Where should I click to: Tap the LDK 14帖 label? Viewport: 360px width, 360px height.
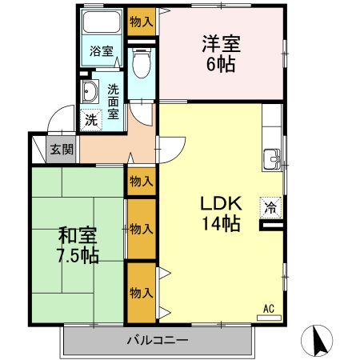pyautogui.click(x=219, y=214)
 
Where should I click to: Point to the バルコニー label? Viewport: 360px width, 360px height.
pyautogui.click(x=157, y=340)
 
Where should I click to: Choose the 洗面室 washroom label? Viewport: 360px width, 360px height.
pyautogui.click(x=114, y=102)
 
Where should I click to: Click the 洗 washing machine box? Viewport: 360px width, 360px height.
pyautogui.click(x=90, y=120)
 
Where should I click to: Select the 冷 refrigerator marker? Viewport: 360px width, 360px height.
pyautogui.click(x=271, y=207)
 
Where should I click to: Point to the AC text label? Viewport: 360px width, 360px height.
pyautogui.click(x=268, y=307)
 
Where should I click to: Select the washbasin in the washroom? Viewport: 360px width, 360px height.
pyautogui.click(x=88, y=93)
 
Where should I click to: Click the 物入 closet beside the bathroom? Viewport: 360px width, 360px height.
pyautogui.click(x=142, y=22)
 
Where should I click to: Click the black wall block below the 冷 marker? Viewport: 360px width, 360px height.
pyautogui.click(x=271, y=226)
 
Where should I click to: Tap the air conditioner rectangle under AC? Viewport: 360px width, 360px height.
pyautogui.click(x=269, y=317)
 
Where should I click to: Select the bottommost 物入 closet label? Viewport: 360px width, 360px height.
pyautogui.click(x=142, y=292)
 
